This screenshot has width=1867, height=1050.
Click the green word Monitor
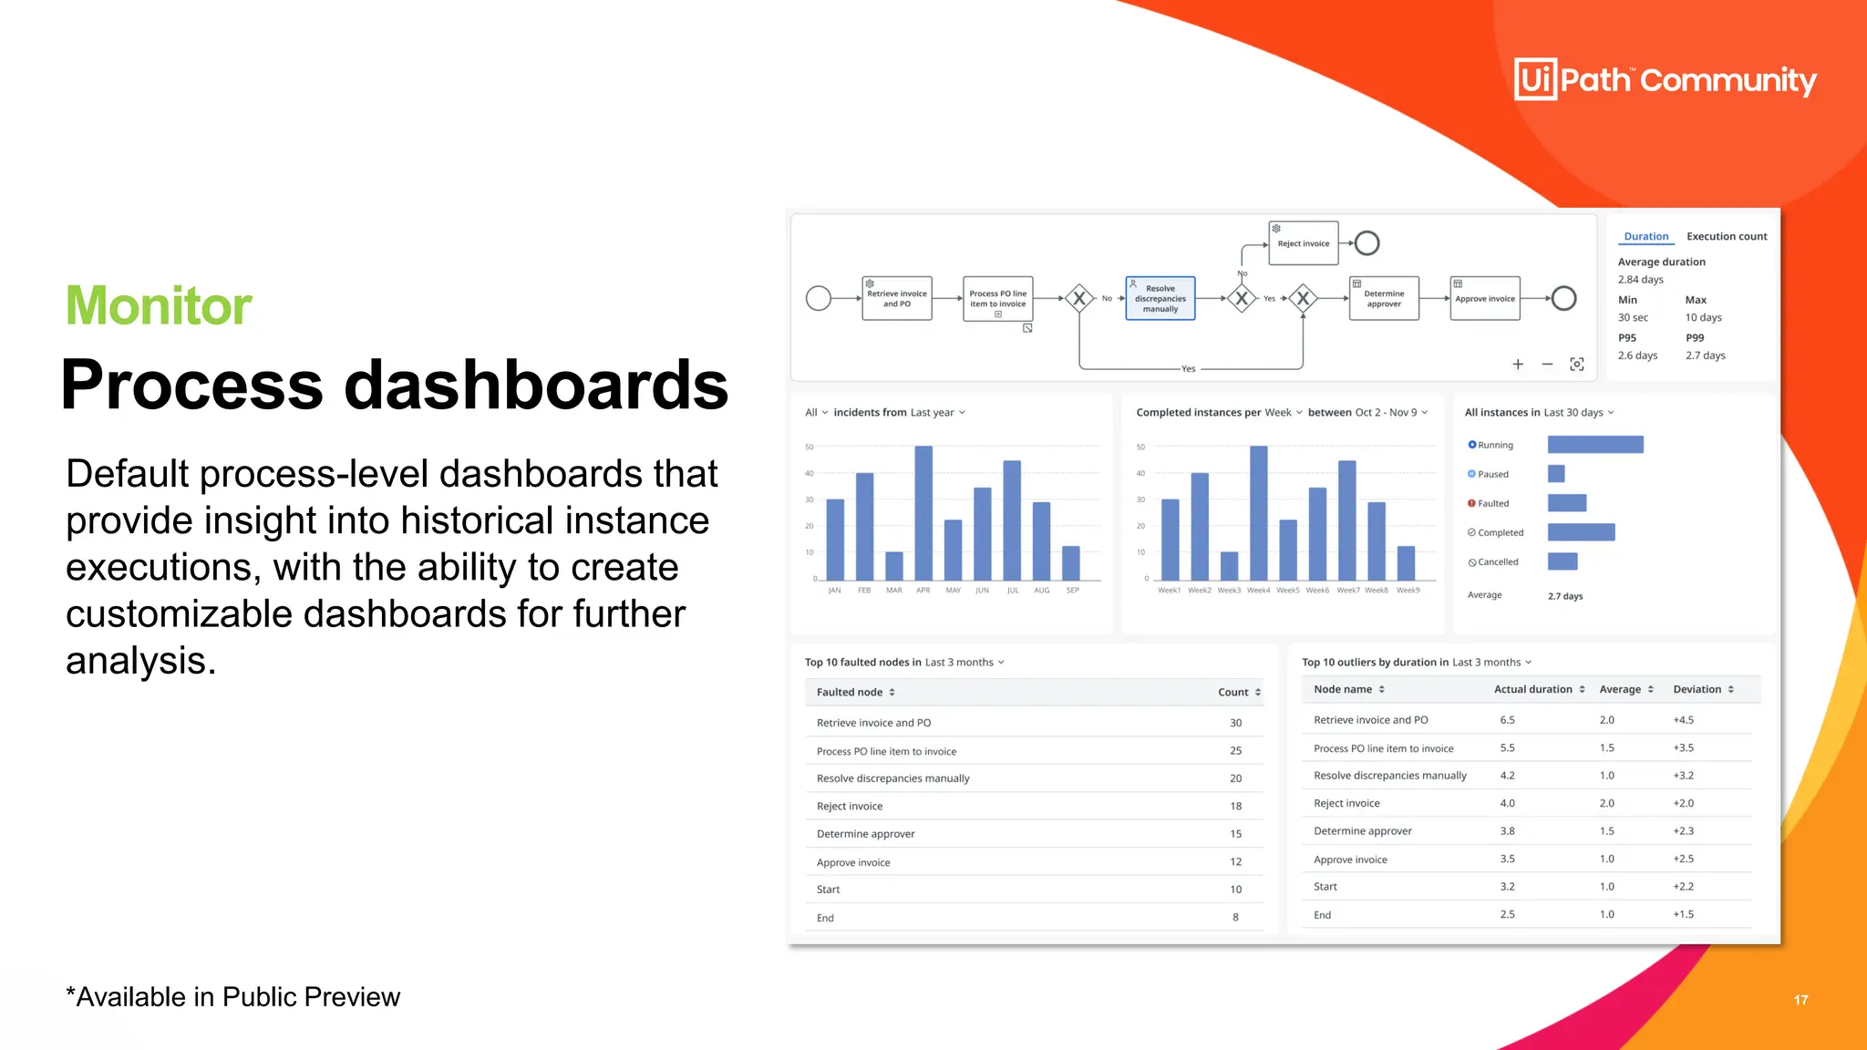click(x=159, y=305)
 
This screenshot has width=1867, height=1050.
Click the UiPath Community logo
click(x=1665, y=79)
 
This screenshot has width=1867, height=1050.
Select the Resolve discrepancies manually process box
click(x=1160, y=298)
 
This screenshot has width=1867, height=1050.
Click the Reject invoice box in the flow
click(x=1303, y=243)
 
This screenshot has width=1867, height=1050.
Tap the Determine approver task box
click(x=1383, y=298)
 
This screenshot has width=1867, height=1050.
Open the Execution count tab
click(x=1726, y=236)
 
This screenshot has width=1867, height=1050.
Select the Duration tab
click(x=1645, y=236)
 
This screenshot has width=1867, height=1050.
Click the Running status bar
click(x=1595, y=445)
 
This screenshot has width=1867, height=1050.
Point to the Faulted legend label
click(x=1492, y=503)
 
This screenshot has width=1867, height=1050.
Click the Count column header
click(x=1233, y=692)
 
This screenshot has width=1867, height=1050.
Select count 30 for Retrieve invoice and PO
click(x=1235, y=723)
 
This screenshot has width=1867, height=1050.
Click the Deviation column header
click(x=1697, y=689)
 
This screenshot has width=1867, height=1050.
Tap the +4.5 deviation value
click(x=1683, y=720)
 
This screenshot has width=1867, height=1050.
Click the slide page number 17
click(x=1800, y=1000)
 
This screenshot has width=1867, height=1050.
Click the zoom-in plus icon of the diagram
click(x=1518, y=365)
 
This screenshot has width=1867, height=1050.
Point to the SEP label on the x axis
click(x=1072, y=591)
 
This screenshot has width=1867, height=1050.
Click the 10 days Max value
click(x=1703, y=317)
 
